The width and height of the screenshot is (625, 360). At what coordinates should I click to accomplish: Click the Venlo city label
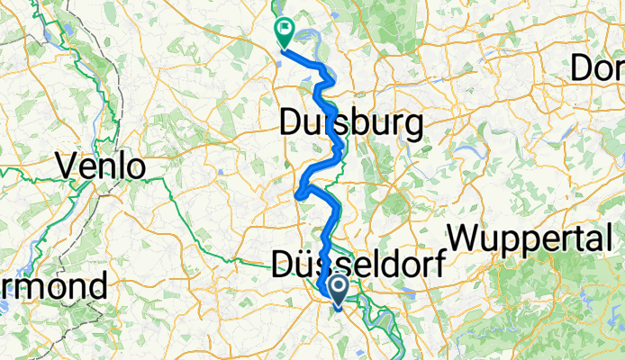pyautogui.click(x=101, y=165)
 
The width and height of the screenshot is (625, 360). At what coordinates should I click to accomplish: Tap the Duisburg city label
pyautogui.click(x=351, y=123)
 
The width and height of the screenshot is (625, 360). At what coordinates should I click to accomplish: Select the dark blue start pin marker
pyautogui.click(x=340, y=291)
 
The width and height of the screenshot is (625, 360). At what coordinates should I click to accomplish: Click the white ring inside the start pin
pyautogui.click(x=340, y=287)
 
